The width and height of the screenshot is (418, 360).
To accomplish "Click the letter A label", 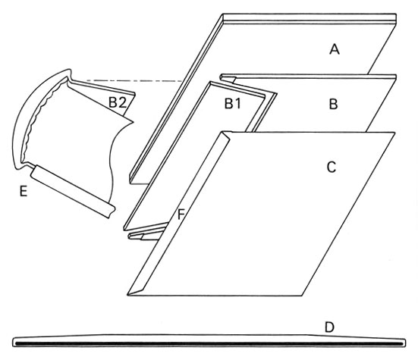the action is (335, 49).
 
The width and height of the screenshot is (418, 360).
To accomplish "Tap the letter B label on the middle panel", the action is (334, 104).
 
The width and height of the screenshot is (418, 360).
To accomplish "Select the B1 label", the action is (233, 104).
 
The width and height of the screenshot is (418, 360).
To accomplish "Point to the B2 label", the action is (118, 102).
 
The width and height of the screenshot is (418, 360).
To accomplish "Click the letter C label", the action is (332, 167).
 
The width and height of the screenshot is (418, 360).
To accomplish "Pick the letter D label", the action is (329, 327).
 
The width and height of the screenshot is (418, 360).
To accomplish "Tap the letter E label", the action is (24, 191).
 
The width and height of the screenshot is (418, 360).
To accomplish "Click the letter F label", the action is (181, 214).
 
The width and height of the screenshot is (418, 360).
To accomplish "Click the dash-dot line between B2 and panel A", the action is (134, 80).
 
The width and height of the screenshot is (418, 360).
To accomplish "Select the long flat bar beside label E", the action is (73, 191).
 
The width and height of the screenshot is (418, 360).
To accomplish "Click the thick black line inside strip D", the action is (209, 344).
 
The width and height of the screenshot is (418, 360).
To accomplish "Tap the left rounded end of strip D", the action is (14, 342).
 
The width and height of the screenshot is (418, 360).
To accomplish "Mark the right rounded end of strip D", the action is (404, 343).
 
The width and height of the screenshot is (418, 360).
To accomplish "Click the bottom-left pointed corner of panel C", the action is (127, 295).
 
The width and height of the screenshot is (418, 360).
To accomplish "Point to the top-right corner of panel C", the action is (394, 133).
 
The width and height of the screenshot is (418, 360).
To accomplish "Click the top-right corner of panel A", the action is (396, 14).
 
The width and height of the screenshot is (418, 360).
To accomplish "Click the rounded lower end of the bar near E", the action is (112, 211).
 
